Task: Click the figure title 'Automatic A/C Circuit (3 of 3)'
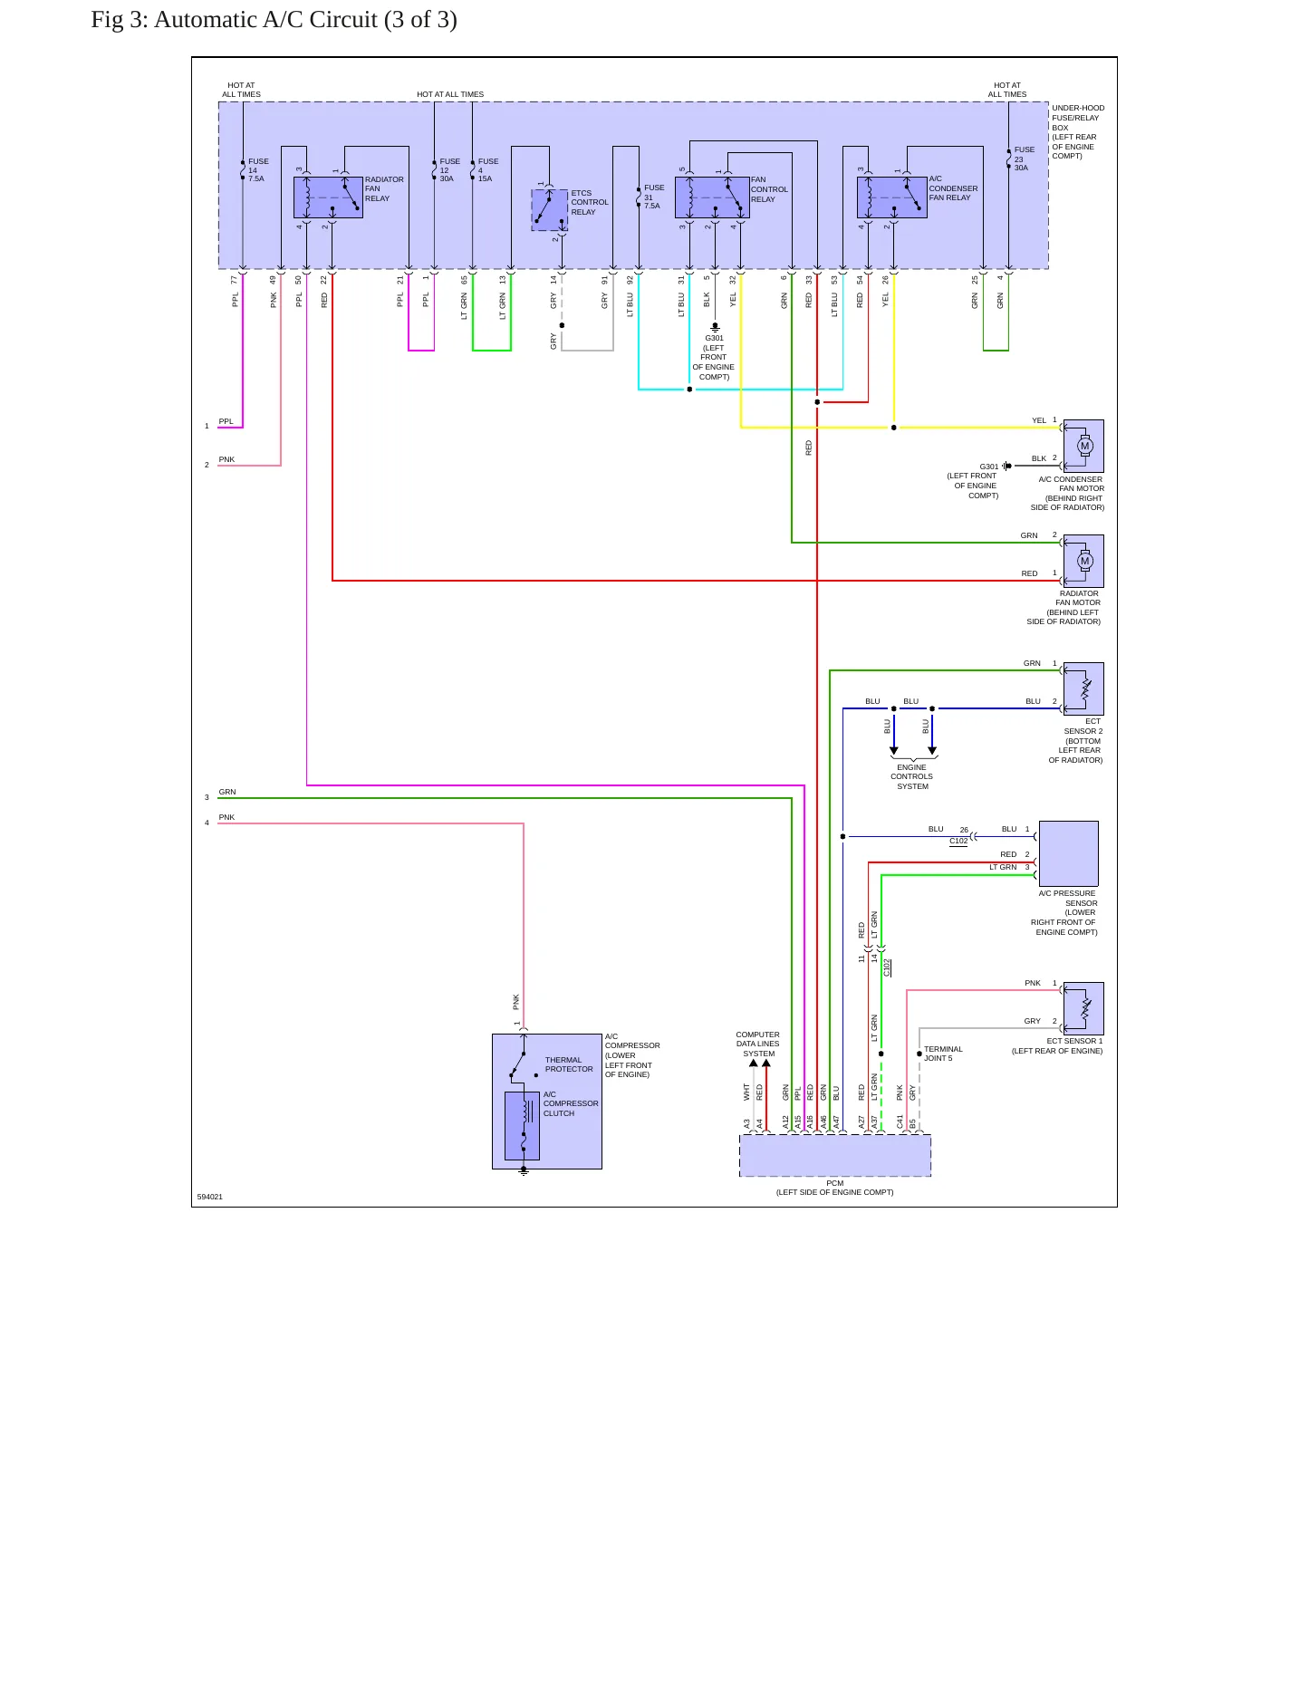pos(305,20)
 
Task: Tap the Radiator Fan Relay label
pos(384,188)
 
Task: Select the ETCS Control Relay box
pos(549,210)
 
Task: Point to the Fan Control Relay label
pos(769,189)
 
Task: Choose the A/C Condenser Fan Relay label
pos(953,188)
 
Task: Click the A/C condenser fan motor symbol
pos(1083,446)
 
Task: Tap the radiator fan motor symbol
pos(1083,561)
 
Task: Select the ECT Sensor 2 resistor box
pos(1083,688)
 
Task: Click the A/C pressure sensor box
pos(1069,853)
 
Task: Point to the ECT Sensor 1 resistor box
pos(1083,1008)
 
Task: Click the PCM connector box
pos(835,1156)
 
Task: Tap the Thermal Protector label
pos(569,1064)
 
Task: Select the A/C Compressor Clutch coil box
pos(522,1126)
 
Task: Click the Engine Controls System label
pos(912,776)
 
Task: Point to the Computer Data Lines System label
pos(758,1044)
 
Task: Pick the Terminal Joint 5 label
pos(943,1054)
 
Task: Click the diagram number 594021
pos(210,1197)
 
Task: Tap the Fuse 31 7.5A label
pos(654,197)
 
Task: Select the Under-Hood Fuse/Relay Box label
pos(1078,132)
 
